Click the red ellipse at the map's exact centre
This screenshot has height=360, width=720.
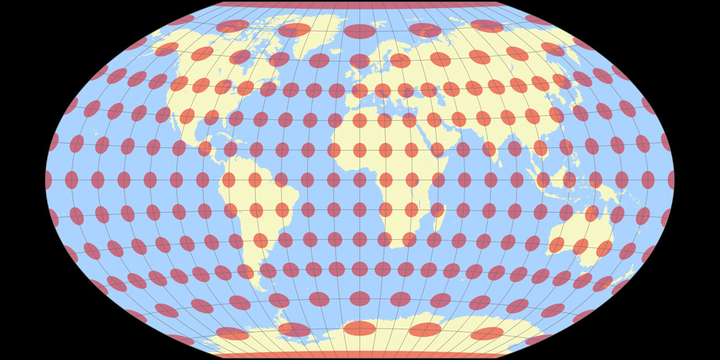(x=360, y=180)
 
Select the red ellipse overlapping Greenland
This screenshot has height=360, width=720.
(x=294, y=30)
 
